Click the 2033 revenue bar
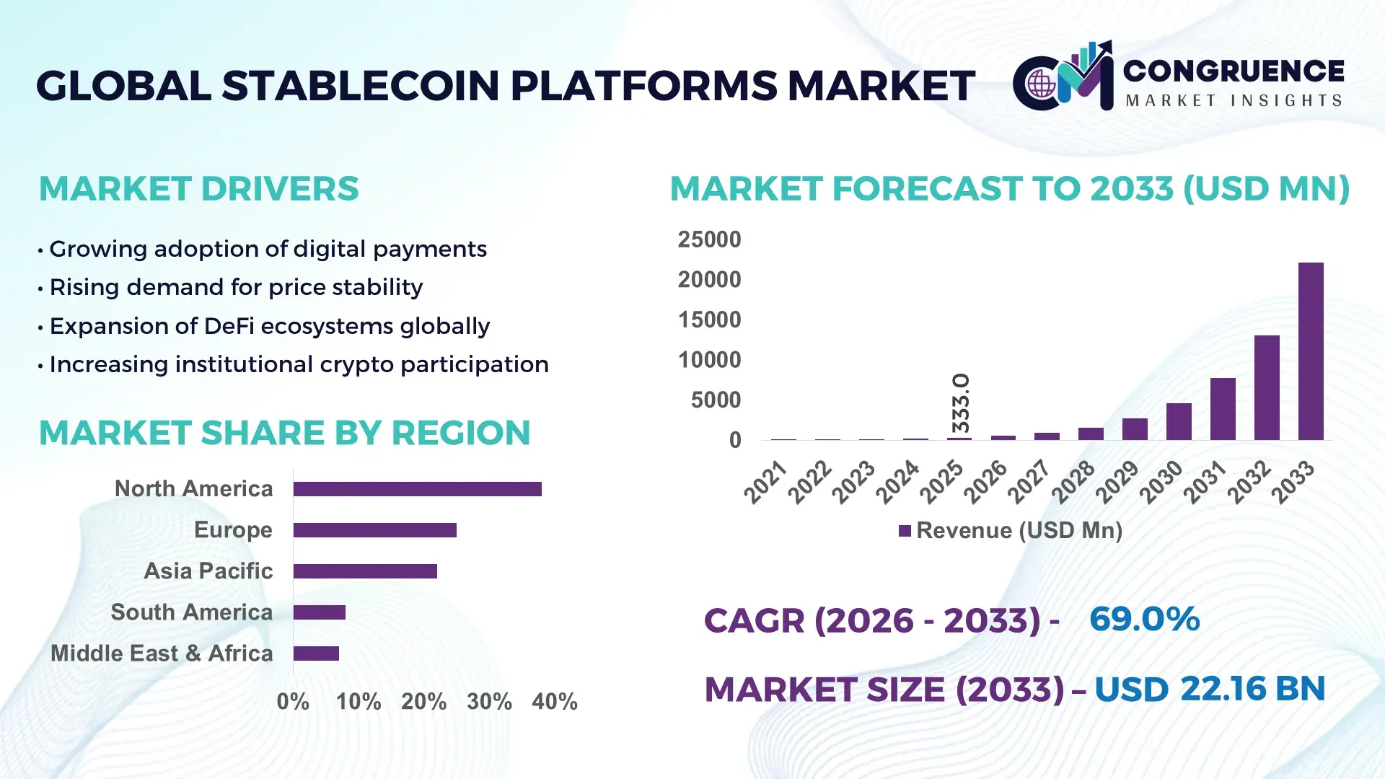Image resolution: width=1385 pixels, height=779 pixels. click(x=1311, y=351)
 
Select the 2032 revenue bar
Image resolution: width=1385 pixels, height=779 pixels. click(x=1267, y=387)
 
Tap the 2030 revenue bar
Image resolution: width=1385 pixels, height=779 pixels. click(x=1179, y=421)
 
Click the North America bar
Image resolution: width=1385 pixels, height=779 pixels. click(x=417, y=489)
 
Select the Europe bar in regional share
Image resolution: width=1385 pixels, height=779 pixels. click(x=374, y=530)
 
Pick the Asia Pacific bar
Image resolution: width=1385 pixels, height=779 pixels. click(x=365, y=571)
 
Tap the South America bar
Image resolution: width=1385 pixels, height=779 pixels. click(x=319, y=612)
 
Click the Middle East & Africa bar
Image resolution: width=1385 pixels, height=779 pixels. click(x=316, y=653)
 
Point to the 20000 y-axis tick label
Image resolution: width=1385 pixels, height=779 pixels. click(x=709, y=280)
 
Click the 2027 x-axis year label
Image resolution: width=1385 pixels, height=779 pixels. click(x=1029, y=481)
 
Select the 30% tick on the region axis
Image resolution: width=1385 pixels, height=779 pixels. click(x=489, y=702)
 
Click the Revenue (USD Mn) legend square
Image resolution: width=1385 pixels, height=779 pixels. click(x=905, y=532)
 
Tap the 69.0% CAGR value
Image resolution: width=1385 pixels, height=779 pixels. click(x=1144, y=620)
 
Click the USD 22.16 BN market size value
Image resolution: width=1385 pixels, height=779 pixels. click(x=1210, y=690)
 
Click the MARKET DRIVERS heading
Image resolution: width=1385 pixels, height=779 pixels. click(x=198, y=189)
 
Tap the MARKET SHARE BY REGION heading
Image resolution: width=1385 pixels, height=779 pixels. click(x=284, y=433)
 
